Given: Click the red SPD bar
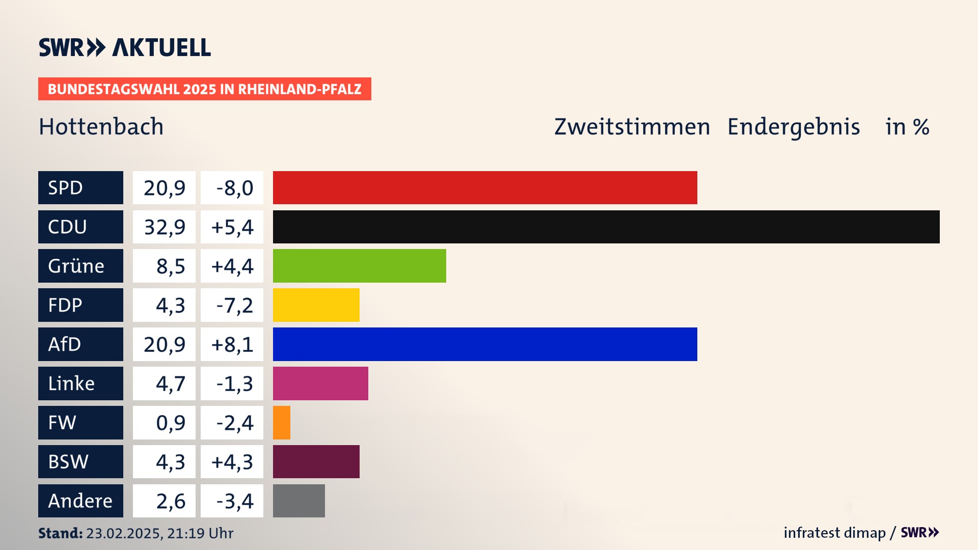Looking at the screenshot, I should (485, 187).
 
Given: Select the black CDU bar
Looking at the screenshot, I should (606, 227).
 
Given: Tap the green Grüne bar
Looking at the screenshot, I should (359, 266).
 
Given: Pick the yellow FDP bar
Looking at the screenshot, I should (316, 305).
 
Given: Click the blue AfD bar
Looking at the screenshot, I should (485, 344).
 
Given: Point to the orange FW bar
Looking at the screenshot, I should (282, 423).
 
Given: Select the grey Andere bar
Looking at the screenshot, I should (299, 501).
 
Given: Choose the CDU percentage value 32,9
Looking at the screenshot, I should (164, 227).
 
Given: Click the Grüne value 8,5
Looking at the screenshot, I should (170, 266).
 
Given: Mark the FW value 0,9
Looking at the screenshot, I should (170, 423).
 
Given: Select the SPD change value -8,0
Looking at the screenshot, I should (234, 188).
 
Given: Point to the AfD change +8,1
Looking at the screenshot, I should (232, 345).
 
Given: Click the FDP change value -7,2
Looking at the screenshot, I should (234, 306).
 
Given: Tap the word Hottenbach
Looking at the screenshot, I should (101, 127).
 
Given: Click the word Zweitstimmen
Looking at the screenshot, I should (632, 127).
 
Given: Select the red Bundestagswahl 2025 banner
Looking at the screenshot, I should (204, 89).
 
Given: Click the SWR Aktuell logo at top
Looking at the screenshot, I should (124, 47).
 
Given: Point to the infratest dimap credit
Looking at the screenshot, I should (834, 533).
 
